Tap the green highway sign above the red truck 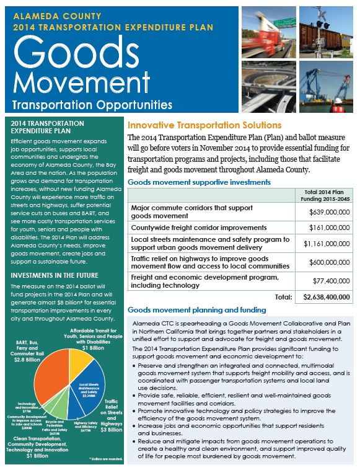[x=258, y=15]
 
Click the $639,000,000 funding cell [x=329, y=212]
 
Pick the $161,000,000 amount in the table [x=329, y=228]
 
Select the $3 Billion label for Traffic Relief [x=113, y=428]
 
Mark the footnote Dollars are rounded [x=103, y=458]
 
